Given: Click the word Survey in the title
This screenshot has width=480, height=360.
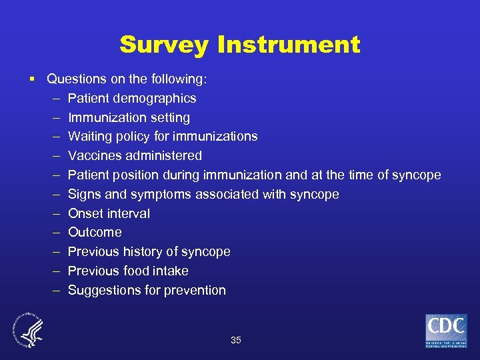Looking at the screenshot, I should tap(163, 45).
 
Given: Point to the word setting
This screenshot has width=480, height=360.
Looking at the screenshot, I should tap(169, 117).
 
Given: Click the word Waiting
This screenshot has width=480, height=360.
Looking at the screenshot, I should tap(90, 137).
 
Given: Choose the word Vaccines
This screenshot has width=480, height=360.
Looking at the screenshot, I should tap(93, 155).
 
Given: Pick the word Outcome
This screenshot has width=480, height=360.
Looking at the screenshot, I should tap(95, 232).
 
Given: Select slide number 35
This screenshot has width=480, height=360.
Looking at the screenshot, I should tap(235, 340).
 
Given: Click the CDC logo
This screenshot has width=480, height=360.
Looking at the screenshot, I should tap(446, 330).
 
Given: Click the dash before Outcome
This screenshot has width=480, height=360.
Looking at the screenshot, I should tap(52, 232).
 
